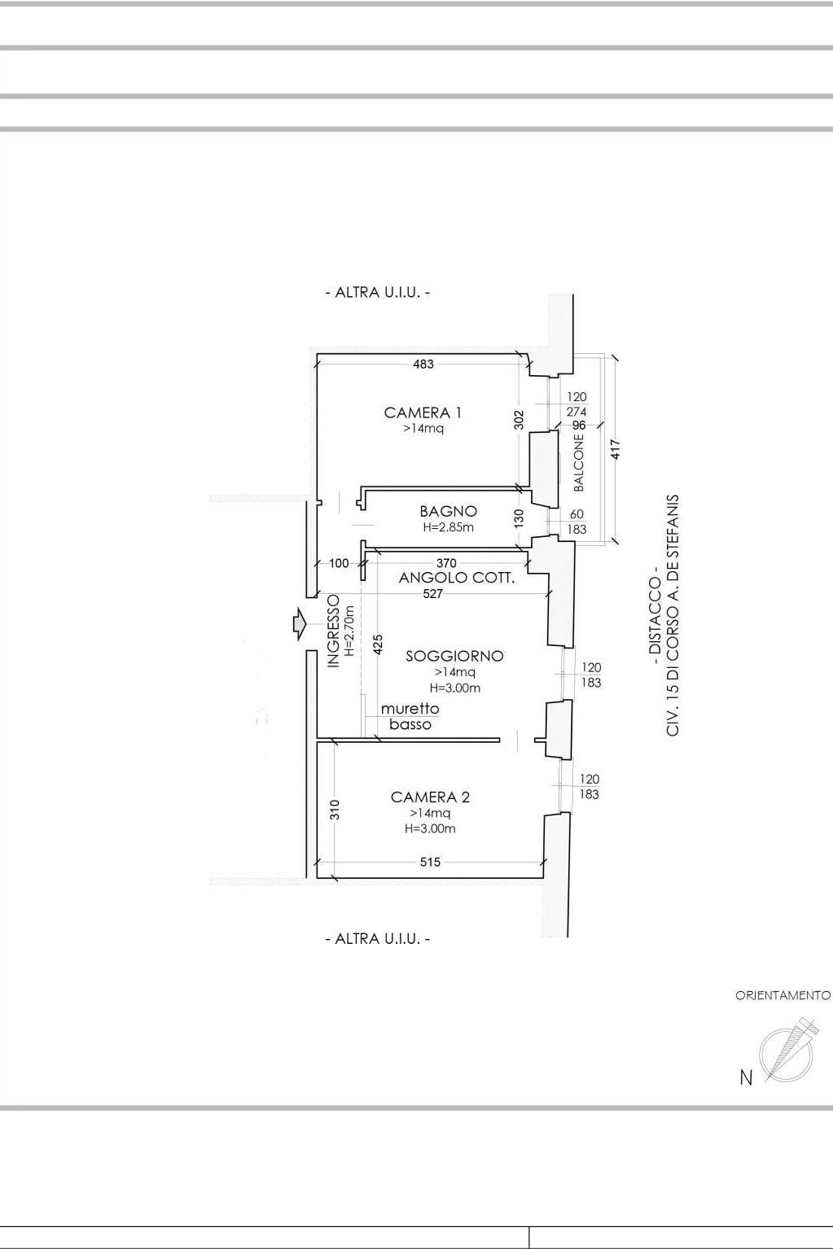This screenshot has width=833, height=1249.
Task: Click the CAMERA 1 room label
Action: point(423,413)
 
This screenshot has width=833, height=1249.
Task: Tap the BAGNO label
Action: point(448,511)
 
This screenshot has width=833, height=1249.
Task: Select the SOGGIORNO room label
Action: point(454,656)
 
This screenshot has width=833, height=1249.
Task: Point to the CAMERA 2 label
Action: point(430,797)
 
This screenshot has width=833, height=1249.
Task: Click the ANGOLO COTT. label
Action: point(456,578)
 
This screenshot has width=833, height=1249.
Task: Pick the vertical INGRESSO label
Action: point(334,631)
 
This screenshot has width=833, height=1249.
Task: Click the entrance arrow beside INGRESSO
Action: point(299,622)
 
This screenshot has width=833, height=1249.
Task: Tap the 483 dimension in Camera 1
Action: point(423,364)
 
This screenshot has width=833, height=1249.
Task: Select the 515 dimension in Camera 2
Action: point(430,862)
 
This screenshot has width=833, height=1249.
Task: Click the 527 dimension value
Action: point(433,594)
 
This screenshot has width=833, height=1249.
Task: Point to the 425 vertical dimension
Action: point(378,644)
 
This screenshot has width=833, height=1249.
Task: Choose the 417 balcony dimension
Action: point(616,450)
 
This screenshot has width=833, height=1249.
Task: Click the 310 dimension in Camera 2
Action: point(335,810)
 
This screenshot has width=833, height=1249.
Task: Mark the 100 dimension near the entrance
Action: point(339,563)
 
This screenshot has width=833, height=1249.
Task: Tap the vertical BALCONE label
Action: point(579,462)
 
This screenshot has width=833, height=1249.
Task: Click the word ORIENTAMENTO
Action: point(783,995)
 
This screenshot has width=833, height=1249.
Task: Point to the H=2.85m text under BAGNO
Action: point(449,527)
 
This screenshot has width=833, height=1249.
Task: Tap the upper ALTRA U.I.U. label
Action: point(378,292)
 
